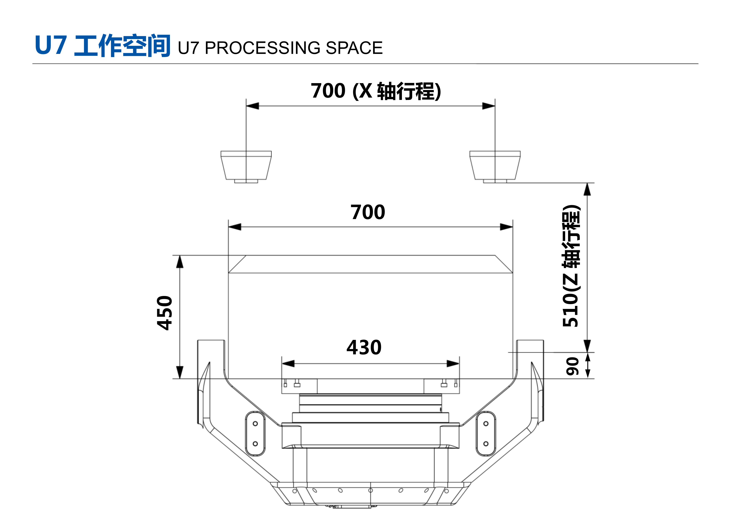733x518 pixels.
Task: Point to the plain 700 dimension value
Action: pyautogui.click(x=368, y=212)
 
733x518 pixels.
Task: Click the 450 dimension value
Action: pyautogui.click(x=165, y=313)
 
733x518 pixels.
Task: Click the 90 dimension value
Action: pyautogui.click(x=572, y=366)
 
